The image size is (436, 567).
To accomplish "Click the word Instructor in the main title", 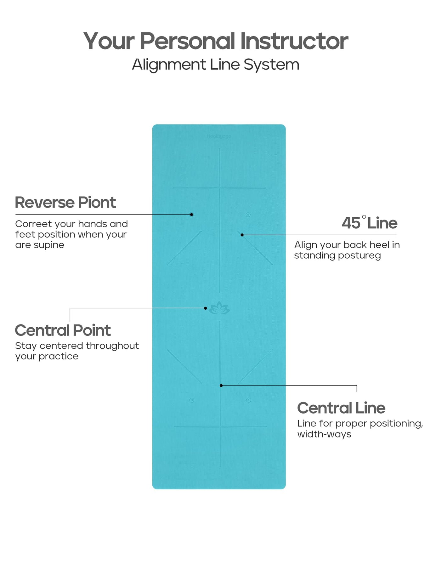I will point(294,41).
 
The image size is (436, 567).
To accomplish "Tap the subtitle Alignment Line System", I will point(216,65).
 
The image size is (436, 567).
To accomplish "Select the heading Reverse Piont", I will point(65,203).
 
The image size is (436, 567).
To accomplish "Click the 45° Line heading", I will point(369,223).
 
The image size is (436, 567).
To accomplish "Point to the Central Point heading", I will point(63,330).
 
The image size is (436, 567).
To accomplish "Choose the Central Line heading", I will point(341,408).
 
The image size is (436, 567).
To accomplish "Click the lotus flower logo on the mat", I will point(219,308).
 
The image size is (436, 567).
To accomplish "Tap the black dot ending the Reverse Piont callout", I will point(191,215).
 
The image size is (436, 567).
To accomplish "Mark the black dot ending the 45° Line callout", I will point(242,235).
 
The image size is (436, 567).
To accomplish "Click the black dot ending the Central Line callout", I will point(221,385).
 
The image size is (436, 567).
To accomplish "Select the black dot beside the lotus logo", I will point(206,308).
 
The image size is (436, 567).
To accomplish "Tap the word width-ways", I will point(324,434).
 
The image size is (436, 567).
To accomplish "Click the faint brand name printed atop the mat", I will point(219,136).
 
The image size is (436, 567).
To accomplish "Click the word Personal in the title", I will point(187,41).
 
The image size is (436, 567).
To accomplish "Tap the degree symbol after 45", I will point(364,217).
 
